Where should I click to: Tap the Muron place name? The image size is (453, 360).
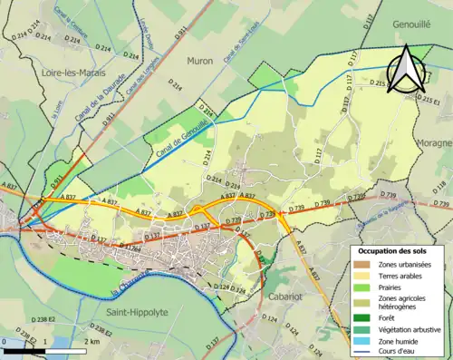[x=199, y=62]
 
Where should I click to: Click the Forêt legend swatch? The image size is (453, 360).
[x=362, y=317]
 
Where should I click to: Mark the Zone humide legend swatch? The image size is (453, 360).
[x=362, y=341]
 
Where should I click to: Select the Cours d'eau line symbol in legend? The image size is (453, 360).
[x=362, y=352]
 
